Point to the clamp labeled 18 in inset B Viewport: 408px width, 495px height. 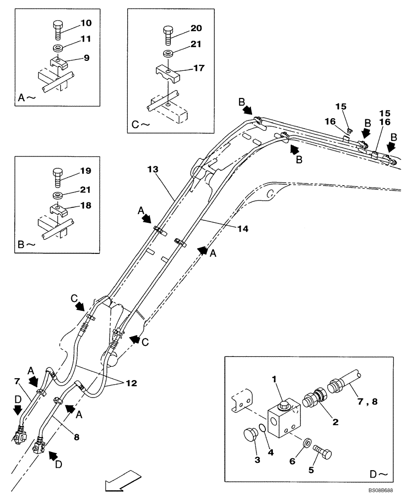[58, 211]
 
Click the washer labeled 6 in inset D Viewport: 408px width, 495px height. [307, 442]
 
